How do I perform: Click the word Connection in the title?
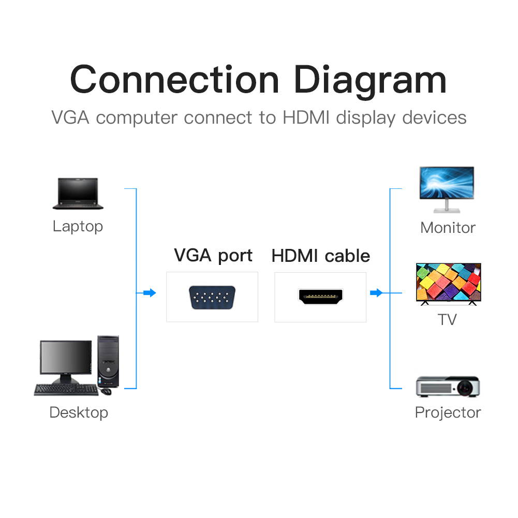[174, 80]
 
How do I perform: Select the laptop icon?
[78, 194]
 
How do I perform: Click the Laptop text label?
[78, 226]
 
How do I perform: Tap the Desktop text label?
[79, 412]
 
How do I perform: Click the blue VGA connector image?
[212, 298]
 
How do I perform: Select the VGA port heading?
[213, 255]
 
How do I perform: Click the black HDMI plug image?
[320, 297]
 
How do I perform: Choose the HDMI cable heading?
[321, 256]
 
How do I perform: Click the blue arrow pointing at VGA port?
[150, 293]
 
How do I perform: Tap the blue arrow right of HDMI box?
[376, 293]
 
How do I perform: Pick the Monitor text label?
[448, 228]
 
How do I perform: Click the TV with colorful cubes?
[448, 283]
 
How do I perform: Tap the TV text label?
[447, 319]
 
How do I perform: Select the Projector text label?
[448, 412]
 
